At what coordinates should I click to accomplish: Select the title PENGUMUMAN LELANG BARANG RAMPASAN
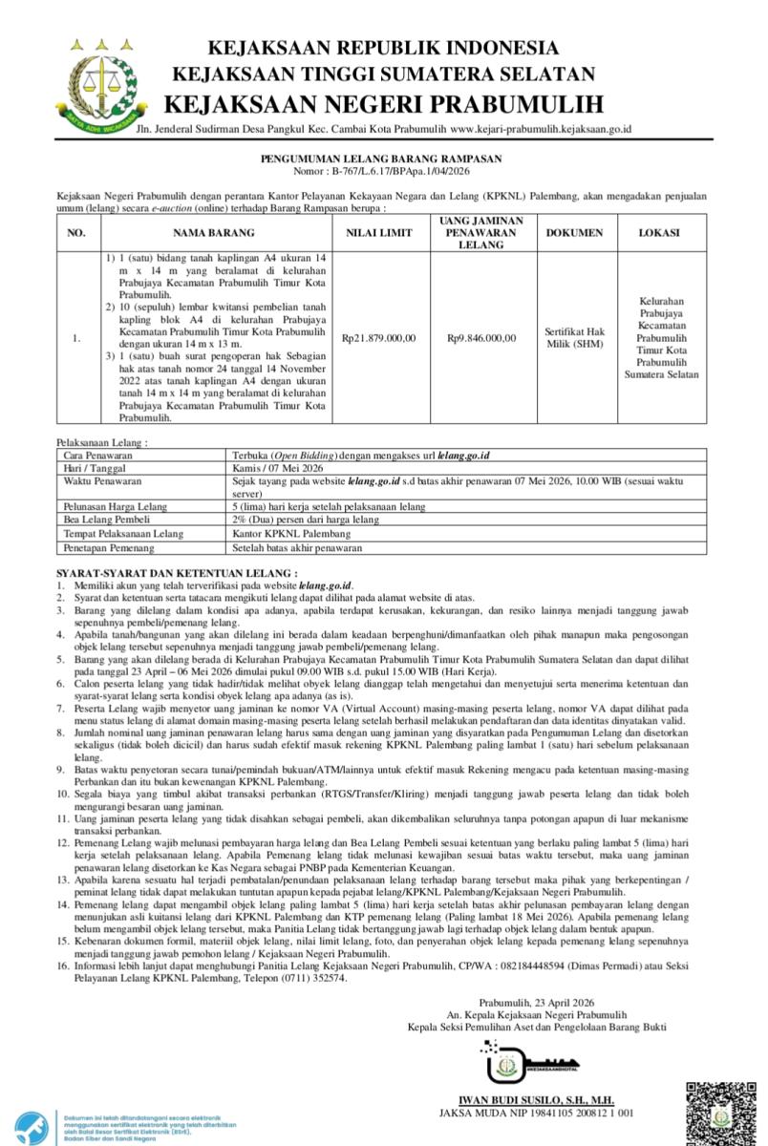click(x=382, y=159)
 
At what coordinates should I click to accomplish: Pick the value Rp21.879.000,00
click(x=378, y=338)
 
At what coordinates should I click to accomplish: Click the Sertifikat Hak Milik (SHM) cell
click(x=574, y=337)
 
